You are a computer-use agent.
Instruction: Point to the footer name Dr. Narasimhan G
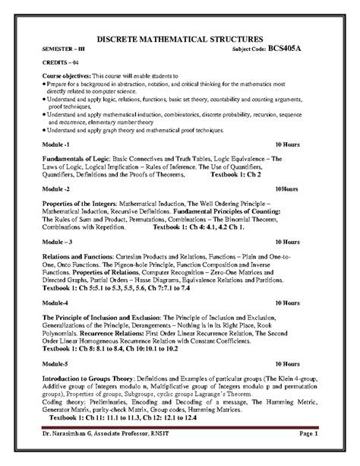[x=71, y=453]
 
